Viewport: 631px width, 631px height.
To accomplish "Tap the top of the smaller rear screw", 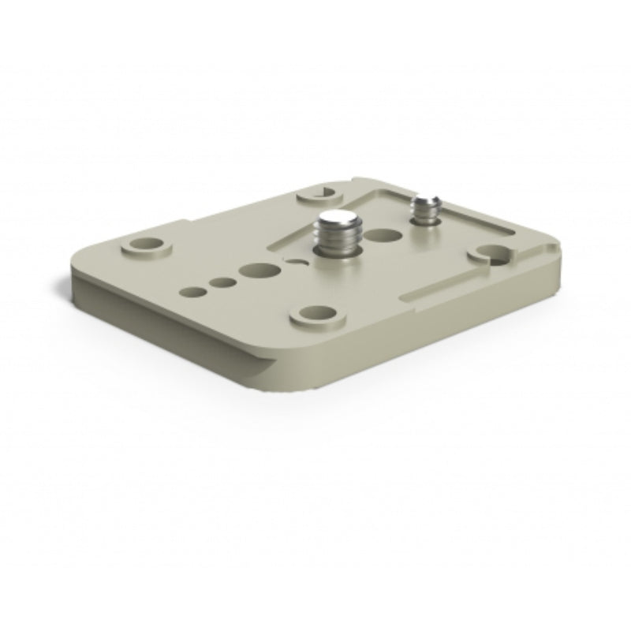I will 426,203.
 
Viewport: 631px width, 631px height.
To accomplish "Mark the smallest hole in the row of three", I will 193,293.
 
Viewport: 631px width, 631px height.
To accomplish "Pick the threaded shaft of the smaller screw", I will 426,215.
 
